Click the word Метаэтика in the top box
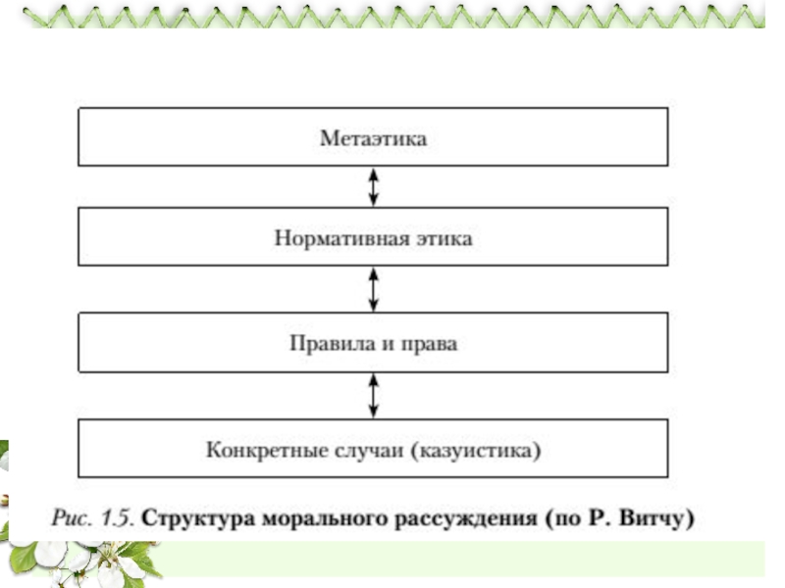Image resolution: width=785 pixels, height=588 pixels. (x=374, y=138)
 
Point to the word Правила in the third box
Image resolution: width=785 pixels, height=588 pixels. (x=333, y=344)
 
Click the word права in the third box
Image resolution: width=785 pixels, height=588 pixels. (x=430, y=345)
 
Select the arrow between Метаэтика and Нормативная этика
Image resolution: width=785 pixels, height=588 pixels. (x=374, y=187)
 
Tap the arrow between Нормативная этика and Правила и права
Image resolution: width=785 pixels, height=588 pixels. (x=374, y=289)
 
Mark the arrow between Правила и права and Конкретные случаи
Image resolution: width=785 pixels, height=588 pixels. (x=374, y=396)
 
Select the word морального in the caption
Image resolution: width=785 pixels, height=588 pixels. (x=325, y=518)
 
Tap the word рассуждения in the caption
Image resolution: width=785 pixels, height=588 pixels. (x=466, y=518)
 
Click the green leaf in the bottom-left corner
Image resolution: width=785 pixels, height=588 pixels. (x=23, y=559)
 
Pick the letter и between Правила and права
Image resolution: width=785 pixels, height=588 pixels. (x=388, y=345)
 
